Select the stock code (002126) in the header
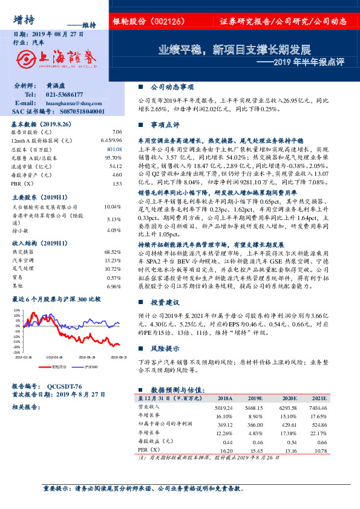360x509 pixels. [x=178, y=21]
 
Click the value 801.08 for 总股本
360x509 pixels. [x=114, y=149]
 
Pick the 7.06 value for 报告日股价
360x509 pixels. [x=117, y=131]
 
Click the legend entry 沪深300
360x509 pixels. [x=89, y=367]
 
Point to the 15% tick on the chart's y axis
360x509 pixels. [x=16, y=310]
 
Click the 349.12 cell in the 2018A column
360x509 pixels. [x=224, y=425]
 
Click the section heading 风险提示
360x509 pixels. [x=165, y=349]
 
